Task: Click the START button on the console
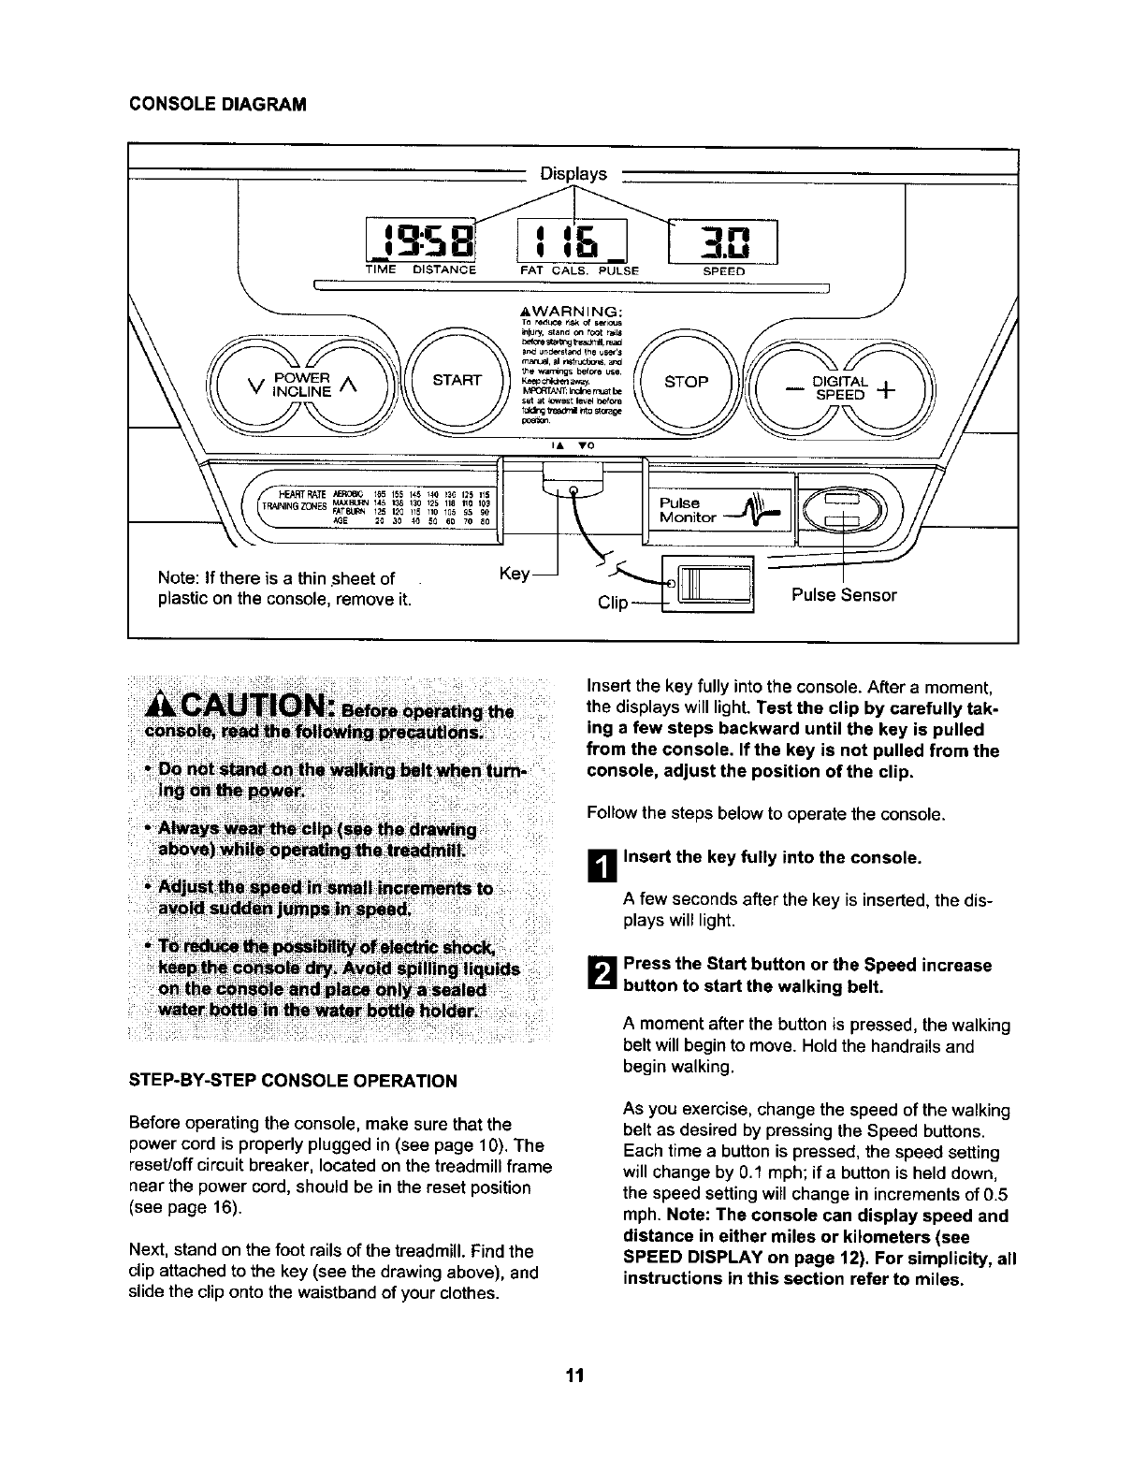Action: coord(457,380)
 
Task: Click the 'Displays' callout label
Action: coord(573,174)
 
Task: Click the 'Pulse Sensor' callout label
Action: coord(844,595)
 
